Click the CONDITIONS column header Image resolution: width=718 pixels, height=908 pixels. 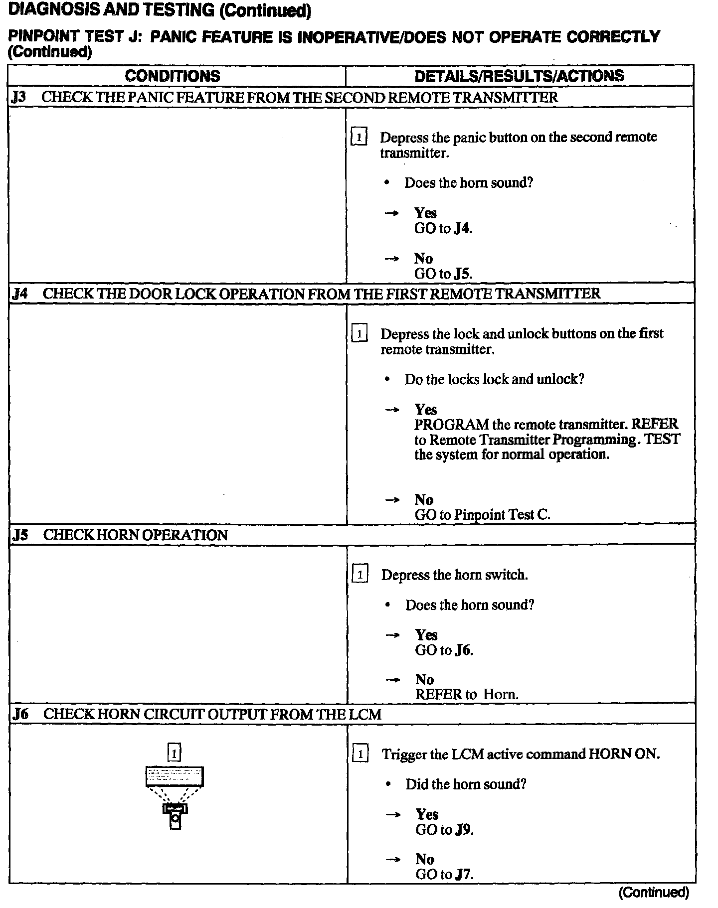(x=173, y=76)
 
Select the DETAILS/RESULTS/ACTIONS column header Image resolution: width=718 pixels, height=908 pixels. (x=519, y=76)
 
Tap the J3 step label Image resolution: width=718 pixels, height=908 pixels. (x=18, y=97)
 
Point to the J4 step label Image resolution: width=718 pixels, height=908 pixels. (x=19, y=294)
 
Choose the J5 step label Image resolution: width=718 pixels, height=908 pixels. (x=20, y=535)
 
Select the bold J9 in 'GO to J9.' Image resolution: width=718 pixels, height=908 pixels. (x=463, y=830)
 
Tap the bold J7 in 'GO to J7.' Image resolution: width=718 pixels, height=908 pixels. (x=463, y=875)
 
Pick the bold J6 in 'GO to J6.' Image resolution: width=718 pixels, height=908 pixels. (x=463, y=650)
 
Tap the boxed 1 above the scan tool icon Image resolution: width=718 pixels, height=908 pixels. (x=174, y=753)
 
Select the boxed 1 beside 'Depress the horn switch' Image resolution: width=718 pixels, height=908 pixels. (x=360, y=575)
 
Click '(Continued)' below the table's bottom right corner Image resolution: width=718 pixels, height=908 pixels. (x=654, y=892)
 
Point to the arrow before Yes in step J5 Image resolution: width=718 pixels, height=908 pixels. (x=392, y=635)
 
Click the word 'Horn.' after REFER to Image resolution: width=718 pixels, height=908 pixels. (x=501, y=694)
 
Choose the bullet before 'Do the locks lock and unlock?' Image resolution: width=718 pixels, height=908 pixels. (x=387, y=380)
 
